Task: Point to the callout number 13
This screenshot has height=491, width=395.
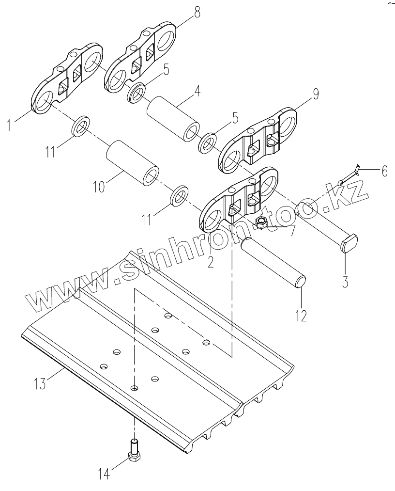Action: [x=40, y=383]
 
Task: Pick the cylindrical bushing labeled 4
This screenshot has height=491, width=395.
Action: [x=173, y=119]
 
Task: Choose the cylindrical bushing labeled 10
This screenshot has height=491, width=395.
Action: [x=133, y=162]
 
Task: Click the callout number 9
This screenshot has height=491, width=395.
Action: [x=315, y=94]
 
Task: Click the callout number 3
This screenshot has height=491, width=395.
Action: [x=345, y=282]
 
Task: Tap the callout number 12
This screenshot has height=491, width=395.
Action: [x=300, y=316]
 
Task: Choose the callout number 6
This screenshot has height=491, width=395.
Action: [x=384, y=171]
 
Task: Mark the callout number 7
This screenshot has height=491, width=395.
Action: [x=291, y=231]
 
